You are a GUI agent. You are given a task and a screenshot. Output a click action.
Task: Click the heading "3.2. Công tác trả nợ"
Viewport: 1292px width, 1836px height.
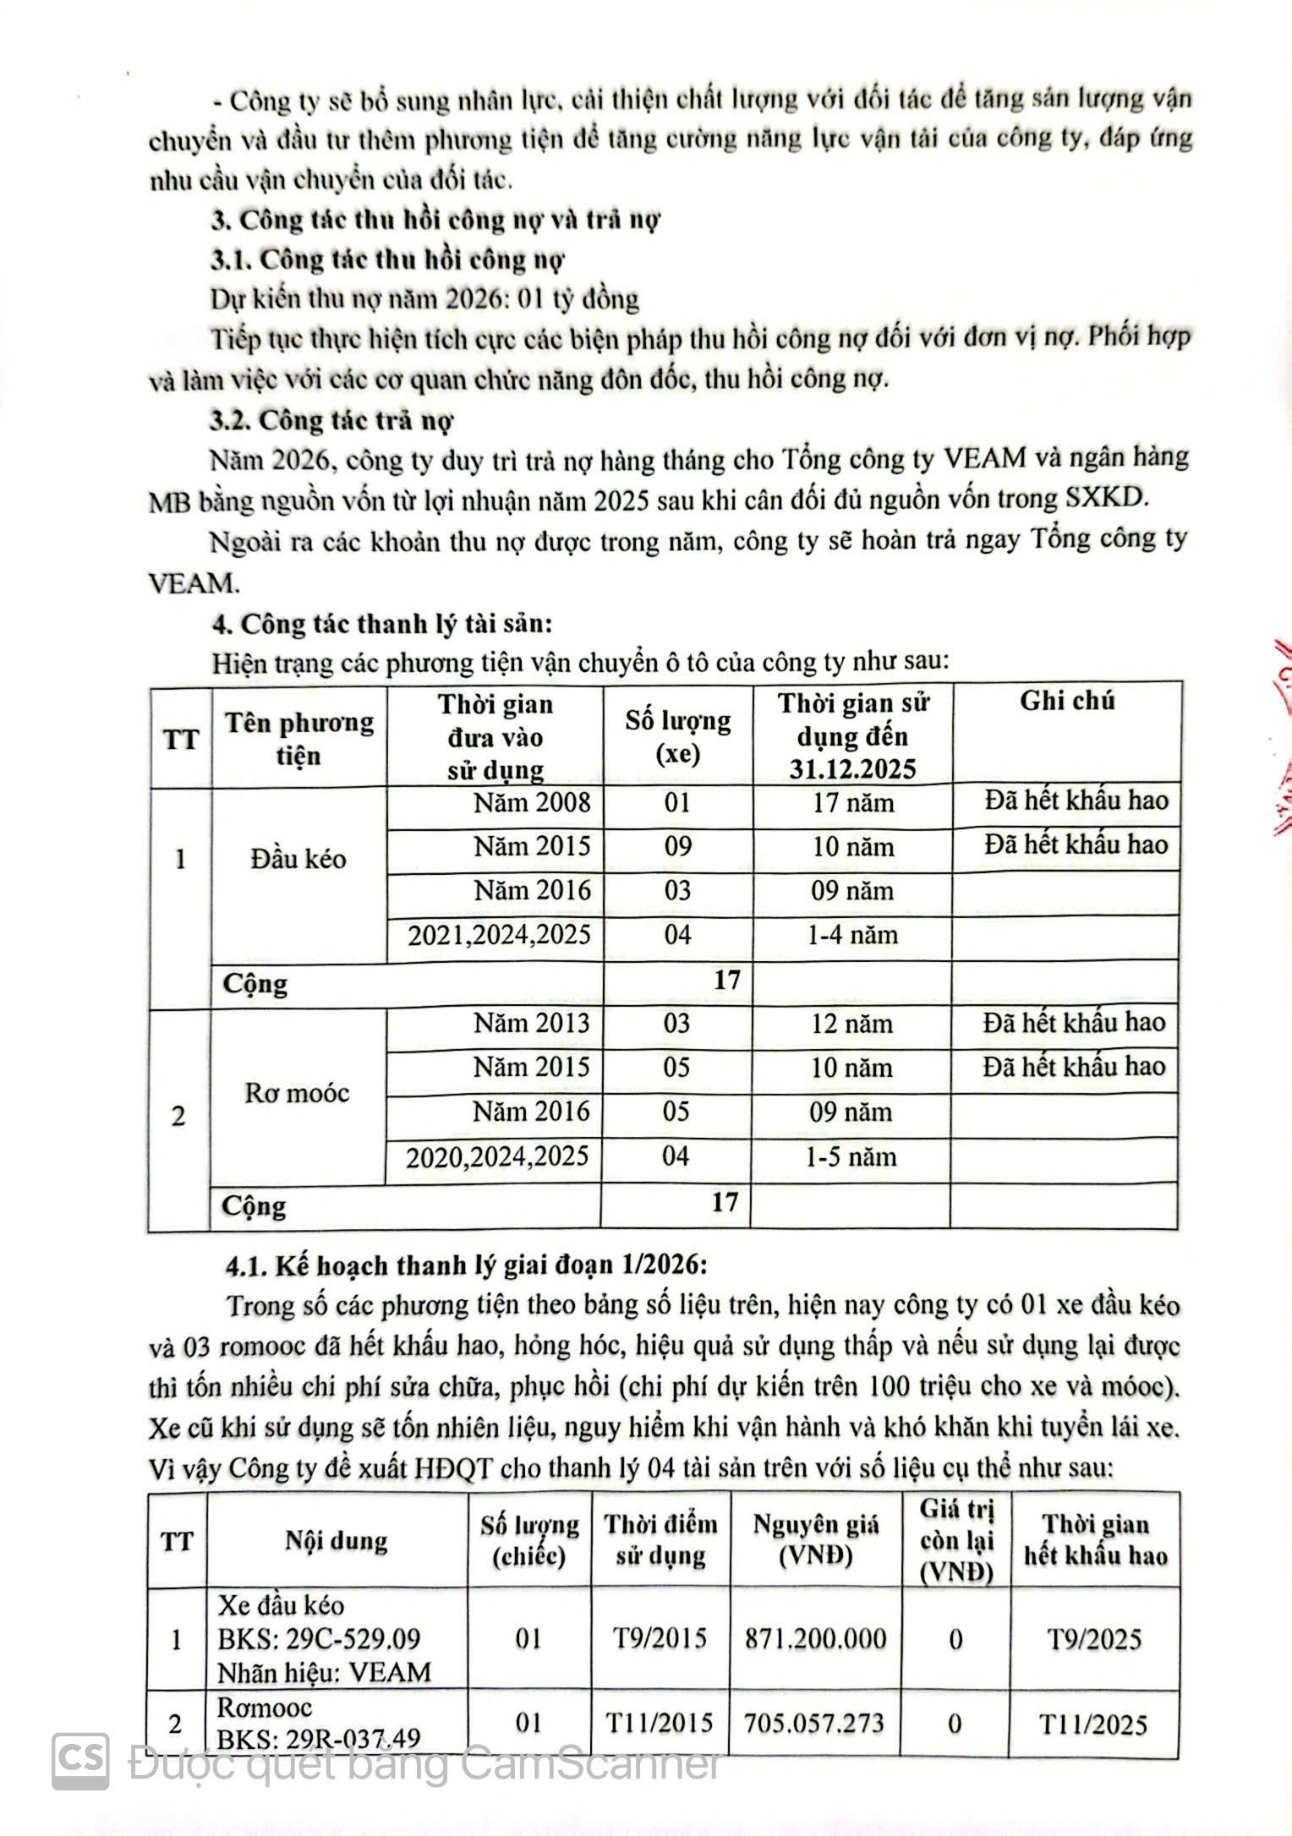331,420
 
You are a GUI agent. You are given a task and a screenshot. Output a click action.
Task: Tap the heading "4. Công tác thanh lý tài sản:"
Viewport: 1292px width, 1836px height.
382,624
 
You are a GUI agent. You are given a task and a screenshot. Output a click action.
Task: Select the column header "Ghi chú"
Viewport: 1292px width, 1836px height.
1067,701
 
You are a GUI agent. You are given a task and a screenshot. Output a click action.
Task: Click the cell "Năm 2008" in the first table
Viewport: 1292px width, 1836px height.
531,801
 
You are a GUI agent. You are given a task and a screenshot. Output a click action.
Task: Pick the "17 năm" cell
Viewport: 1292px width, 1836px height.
852,802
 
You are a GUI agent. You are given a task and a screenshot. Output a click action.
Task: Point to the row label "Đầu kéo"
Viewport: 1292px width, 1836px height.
298,859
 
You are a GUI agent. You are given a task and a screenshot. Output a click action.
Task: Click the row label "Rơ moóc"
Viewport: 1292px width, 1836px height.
297,1093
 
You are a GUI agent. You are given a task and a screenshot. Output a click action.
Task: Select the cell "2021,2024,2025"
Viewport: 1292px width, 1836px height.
499,935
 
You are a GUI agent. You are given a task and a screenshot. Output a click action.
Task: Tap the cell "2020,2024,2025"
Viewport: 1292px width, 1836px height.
497,1156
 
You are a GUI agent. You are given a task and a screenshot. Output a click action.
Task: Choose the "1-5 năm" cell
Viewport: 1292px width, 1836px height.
851,1156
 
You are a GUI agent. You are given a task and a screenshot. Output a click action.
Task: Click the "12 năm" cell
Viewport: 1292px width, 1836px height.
851,1024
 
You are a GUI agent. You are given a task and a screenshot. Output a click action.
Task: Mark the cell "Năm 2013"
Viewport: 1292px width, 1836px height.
531,1023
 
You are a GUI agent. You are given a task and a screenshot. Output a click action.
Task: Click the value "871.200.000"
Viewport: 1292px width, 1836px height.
816,1639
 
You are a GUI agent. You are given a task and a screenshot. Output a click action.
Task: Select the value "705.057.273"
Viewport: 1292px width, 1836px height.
814,1722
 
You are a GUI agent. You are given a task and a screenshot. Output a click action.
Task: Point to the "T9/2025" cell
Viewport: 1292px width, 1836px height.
1094,1640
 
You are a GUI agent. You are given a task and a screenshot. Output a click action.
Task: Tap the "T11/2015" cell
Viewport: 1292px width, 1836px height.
660,1722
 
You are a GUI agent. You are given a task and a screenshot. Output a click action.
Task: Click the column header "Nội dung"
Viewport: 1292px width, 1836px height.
337,1540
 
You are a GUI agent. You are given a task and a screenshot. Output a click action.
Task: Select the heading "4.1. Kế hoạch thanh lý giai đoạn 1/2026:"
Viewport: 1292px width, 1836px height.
466,1265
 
